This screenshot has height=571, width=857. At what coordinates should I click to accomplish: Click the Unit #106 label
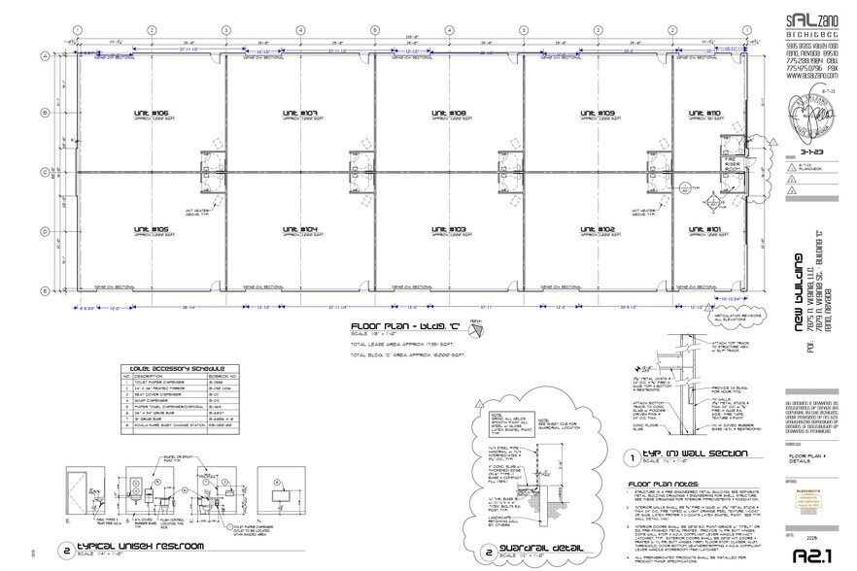pyautogui.click(x=153, y=113)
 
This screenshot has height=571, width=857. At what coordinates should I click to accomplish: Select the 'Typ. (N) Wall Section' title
pyautogui.click(x=686, y=454)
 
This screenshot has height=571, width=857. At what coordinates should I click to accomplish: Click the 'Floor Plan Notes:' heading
pyautogui.click(x=662, y=483)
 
